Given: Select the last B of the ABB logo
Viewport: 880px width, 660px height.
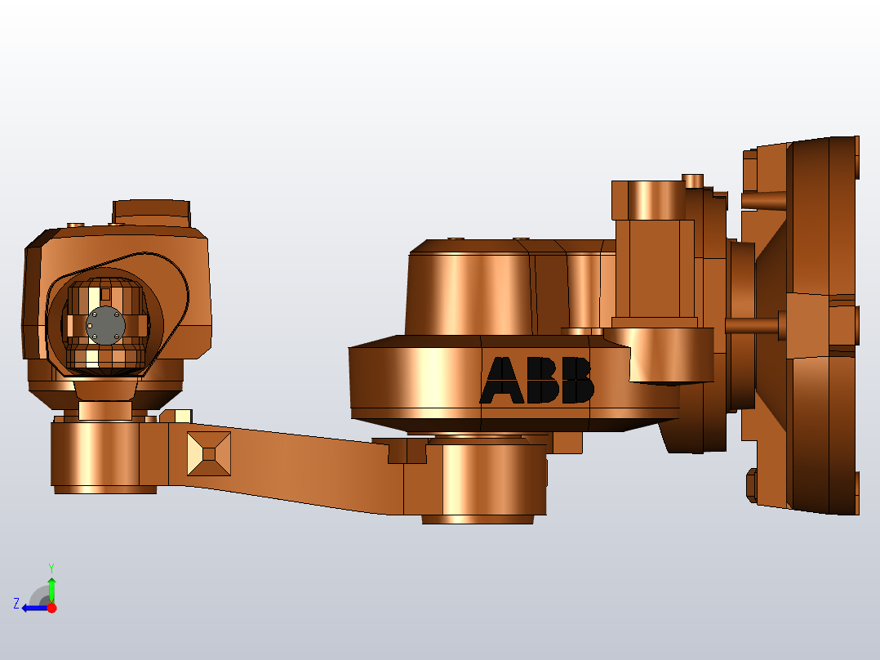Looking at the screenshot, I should pos(576,381).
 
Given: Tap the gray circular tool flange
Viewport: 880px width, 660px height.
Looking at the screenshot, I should pos(105,325).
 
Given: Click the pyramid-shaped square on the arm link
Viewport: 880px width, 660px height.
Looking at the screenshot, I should pos(208,453).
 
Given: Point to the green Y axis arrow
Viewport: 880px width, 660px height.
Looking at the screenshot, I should pos(51,586).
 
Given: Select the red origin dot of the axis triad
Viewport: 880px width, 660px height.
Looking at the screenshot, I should pos(51,608).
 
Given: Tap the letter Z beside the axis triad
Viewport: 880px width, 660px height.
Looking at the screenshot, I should pos(16,604).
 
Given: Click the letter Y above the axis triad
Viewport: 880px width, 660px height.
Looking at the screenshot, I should pos(51,567).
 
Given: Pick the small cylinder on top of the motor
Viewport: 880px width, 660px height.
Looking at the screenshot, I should pos(693,181).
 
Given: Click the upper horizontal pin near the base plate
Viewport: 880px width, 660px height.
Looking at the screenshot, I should pos(763,199).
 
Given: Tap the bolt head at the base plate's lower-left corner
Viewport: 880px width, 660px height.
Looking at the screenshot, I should pos(752,484).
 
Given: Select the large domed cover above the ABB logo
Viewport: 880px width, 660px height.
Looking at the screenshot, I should pos(469,290).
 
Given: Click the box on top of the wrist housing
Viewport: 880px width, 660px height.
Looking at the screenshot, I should pos(151,212).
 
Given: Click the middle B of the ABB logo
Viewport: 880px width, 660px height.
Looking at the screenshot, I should pos(542,381).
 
